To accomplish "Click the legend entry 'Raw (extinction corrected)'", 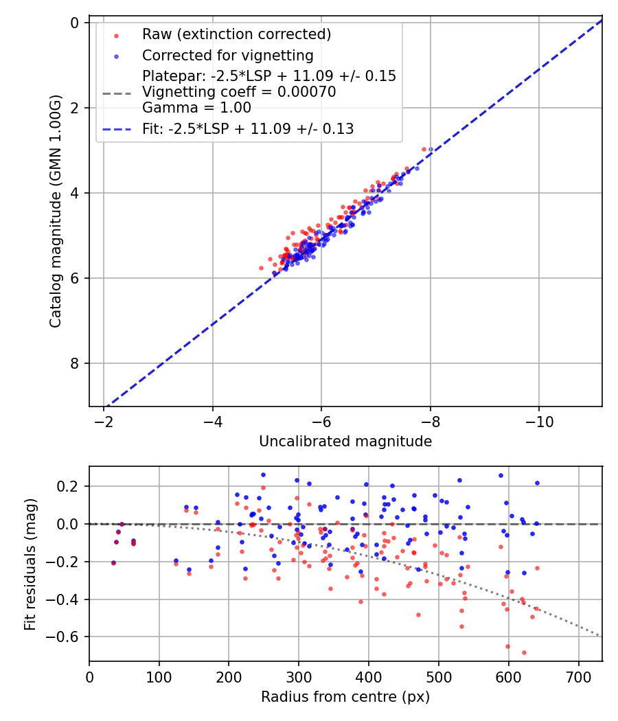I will coord(236,34).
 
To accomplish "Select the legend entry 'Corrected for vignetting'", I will coord(227,56).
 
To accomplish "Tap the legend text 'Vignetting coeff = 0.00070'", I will coord(239,92).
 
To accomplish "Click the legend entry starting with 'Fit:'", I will coord(248,129).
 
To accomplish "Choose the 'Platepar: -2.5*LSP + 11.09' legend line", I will coord(269,76).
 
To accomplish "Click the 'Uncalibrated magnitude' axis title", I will coord(345,442).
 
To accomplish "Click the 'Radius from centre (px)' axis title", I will coord(345,697).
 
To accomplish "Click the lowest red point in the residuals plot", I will coord(524,652).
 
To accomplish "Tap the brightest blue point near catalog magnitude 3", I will coord(431,149).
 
